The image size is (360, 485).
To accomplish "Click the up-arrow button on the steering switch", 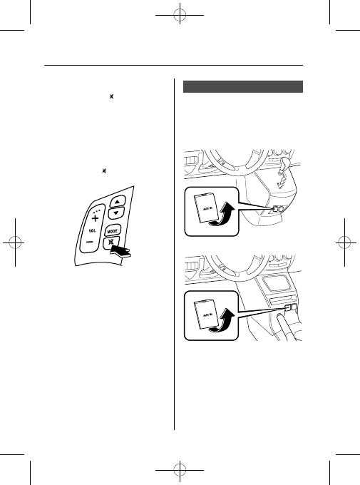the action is pos(117,201).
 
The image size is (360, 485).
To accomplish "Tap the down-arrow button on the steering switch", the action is pos(116,213).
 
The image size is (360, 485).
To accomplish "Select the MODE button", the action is pos(112,231).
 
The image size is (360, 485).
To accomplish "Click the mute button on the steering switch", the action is pos(110,242).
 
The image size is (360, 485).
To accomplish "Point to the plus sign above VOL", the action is pos(96,218).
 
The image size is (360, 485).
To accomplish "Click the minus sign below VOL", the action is pos(89,242).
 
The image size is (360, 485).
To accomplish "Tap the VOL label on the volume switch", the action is pos(92,231).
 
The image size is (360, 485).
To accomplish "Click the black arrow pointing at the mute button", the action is pos(120,251).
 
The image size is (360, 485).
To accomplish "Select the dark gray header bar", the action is pos(243,86).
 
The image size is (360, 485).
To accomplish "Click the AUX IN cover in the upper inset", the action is pos(206,208).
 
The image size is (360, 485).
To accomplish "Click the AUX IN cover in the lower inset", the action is pos(206,314).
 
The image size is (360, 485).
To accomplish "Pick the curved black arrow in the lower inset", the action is pos(222,321).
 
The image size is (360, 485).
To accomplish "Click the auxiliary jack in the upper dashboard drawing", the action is pos(277,209).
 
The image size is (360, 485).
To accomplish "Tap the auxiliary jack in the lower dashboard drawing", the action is pos(291,307).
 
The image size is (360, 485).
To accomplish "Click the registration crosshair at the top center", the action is pos(180,15).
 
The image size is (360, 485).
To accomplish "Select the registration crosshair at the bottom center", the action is pos(180,470).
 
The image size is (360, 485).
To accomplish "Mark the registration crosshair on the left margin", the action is pos(15,242).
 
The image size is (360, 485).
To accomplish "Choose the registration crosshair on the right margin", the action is pos(344,242).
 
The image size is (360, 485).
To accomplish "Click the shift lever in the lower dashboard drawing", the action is pos(285,327).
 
